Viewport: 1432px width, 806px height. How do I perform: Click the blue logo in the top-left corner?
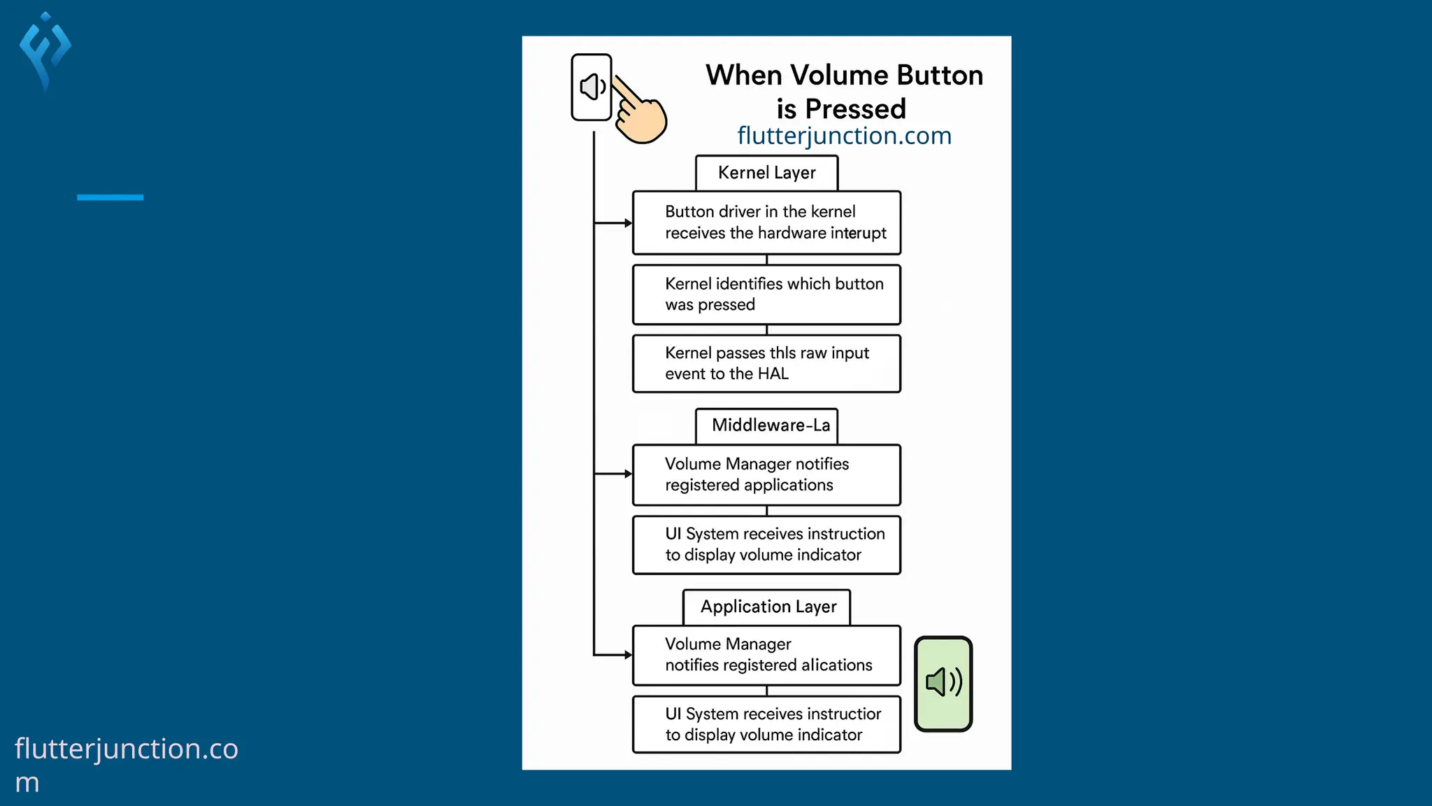click(x=45, y=50)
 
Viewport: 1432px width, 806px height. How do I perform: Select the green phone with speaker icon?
click(x=943, y=684)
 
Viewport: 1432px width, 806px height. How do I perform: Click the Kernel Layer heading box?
click(x=766, y=173)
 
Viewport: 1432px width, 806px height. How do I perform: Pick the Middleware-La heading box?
click(x=766, y=425)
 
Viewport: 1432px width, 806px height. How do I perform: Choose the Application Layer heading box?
click(x=766, y=607)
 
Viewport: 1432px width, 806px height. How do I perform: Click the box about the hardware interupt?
click(x=766, y=222)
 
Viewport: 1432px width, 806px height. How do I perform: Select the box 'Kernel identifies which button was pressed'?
click(x=766, y=295)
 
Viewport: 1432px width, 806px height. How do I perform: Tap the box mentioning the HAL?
click(x=766, y=364)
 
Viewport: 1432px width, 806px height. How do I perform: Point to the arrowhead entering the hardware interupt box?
click(x=628, y=223)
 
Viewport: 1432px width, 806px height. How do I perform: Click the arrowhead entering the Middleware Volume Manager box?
click(x=628, y=474)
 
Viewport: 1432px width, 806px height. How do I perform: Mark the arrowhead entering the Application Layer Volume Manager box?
click(x=628, y=655)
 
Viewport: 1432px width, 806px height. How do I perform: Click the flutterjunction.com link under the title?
click(x=844, y=136)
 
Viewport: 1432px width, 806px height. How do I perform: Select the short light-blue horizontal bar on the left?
click(x=110, y=197)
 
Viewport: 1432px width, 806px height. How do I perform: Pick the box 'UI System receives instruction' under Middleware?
click(x=766, y=544)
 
